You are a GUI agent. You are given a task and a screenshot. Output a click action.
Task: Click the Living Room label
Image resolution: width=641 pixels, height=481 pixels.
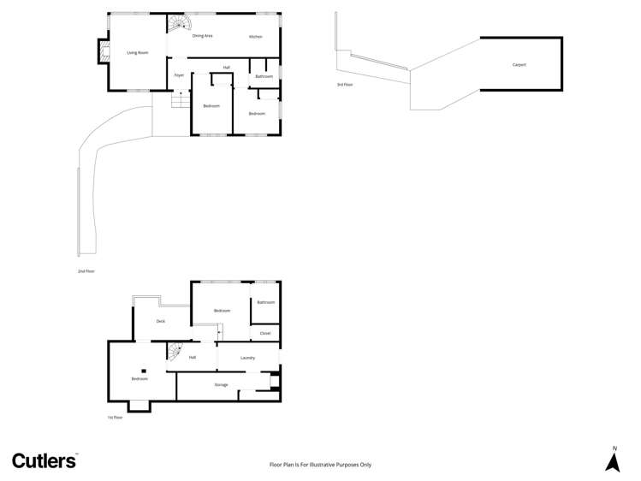coord(138,53)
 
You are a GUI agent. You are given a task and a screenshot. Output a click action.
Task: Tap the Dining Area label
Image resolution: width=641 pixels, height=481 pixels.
coord(202,36)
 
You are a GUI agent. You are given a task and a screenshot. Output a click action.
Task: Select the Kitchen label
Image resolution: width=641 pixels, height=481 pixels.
coord(255,37)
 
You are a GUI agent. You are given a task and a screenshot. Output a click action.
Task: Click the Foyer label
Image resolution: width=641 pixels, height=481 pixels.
coord(179,75)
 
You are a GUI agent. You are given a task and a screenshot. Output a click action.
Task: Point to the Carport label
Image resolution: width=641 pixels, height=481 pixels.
coord(519,65)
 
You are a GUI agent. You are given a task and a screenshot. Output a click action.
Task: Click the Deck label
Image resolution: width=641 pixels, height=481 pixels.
coord(160,321)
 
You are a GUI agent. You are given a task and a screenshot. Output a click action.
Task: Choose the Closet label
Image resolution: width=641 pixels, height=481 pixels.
coord(265,333)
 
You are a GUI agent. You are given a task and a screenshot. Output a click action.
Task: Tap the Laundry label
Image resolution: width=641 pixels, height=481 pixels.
coord(247,357)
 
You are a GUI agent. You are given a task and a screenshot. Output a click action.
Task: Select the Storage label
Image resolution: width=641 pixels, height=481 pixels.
coord(221,385)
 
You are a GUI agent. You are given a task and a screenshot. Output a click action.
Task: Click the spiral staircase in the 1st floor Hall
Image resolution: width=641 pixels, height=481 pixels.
coord(176,351)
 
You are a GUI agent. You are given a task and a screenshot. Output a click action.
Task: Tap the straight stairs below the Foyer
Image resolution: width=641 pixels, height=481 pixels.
coord(180,100)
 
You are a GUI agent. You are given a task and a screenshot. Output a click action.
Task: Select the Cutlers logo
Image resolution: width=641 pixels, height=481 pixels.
coord(44,460)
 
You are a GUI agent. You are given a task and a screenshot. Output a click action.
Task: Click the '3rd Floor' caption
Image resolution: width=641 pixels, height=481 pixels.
coord(345,85)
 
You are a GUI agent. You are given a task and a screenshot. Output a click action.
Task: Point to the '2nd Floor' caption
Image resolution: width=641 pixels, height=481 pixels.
coord(86,270)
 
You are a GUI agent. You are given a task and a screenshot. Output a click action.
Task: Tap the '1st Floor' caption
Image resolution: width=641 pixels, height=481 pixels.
coord(116,418)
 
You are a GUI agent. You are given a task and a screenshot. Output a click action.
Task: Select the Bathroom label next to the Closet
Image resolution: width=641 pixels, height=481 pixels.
coord(265,302)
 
